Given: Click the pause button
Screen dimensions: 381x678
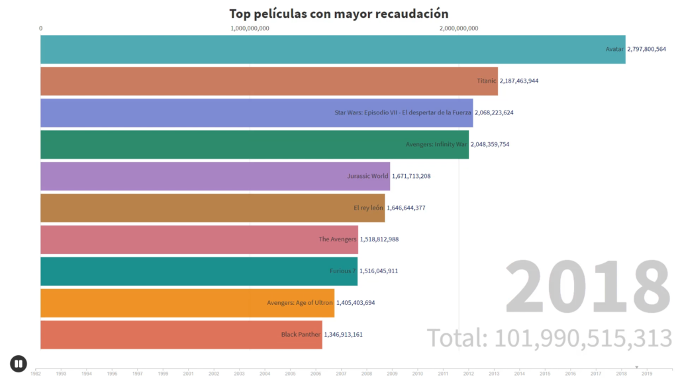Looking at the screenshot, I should [x=18, y=363].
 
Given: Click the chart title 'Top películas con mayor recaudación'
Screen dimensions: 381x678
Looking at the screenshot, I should [x=338, y=13].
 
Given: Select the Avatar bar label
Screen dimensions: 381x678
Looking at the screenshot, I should [x=615, y=49].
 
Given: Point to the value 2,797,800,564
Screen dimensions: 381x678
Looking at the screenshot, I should [x=646, y=49].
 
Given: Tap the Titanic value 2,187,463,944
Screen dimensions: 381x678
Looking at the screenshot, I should [x=519, y=81].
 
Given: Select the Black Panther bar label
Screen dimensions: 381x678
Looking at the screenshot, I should [x=301, y=334].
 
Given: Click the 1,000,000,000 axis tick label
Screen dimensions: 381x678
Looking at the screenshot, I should [x=250, y=28].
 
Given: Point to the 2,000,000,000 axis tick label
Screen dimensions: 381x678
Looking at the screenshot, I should [x=458, y=28].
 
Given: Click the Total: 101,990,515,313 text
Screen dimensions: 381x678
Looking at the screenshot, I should [x=549, y=337].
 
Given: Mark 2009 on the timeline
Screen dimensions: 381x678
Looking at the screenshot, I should [x=392, y=374].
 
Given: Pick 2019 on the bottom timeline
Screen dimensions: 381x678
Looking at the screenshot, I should [x=647, y=374].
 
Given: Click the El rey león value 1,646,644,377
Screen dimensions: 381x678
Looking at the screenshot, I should [x=406, y=208].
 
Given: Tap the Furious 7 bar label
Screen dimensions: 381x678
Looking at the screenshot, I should [x=343, y=271].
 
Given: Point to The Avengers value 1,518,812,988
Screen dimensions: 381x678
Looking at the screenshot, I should [x=379, y=239].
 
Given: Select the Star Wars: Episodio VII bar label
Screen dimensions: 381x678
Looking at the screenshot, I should [x=403, y=112].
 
